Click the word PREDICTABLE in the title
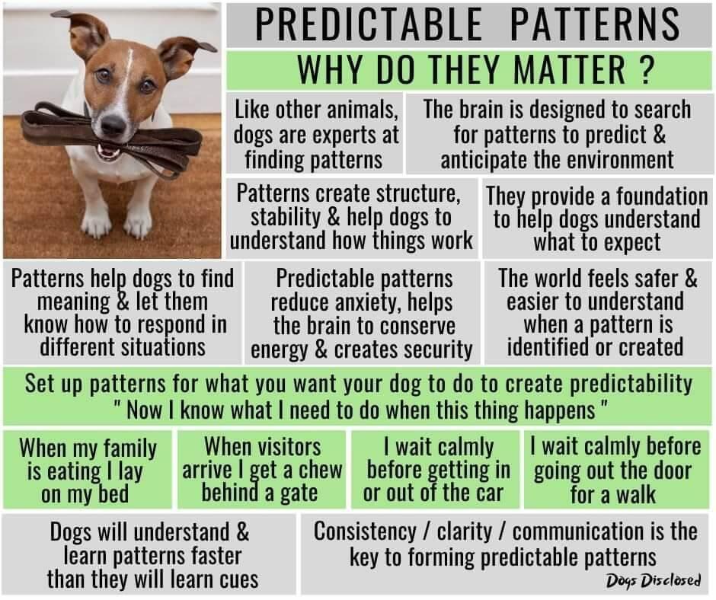(369, 24)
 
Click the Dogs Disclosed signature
(653, 580)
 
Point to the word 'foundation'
(662, 196)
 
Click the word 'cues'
(239, 580)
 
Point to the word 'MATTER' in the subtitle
(569, 69)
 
